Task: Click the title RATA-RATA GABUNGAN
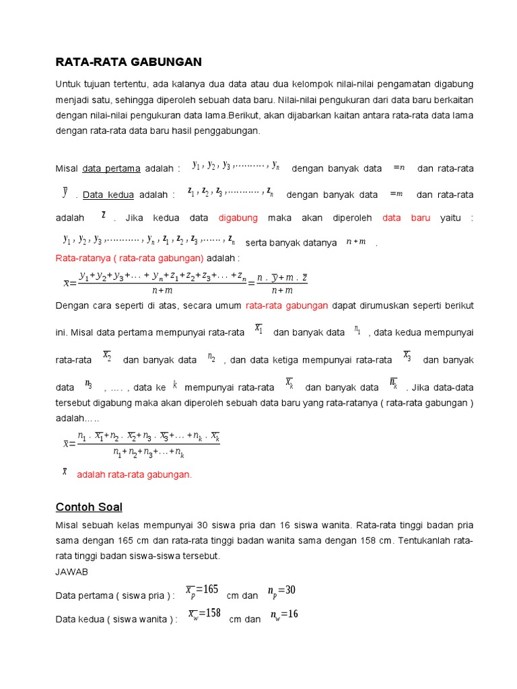(x=128, y=62)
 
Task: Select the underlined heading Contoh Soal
(x=89, y=507)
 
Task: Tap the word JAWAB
(x=71, y=571)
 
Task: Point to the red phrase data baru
(x=406, y=218)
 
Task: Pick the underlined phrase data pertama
(x=111, y=168)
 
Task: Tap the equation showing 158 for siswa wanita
(x=204, y=614)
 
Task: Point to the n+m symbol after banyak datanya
(x=355, y=242)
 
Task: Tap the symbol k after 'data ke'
(x=175, y=384)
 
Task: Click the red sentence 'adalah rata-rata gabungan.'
(x=135, y=474)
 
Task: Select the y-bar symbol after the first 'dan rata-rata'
(x=65, y=193)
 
